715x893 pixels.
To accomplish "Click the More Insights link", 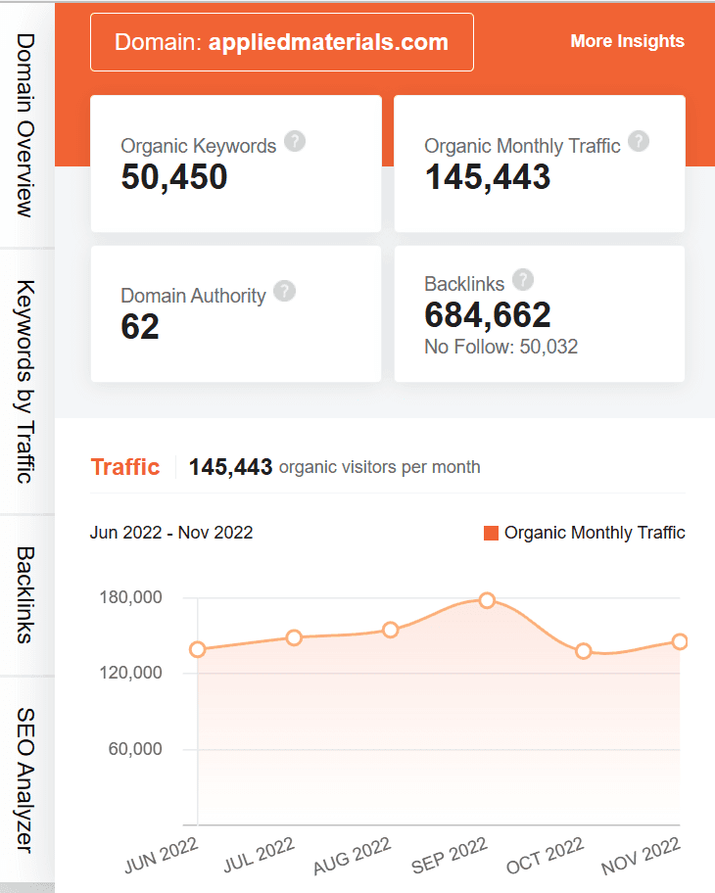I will (627, 41).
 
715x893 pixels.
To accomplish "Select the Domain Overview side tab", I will (26, 125).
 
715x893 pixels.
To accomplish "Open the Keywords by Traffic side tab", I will (26, 382).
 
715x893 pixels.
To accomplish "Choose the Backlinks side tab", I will (26, 594).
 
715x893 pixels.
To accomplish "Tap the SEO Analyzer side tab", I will (26, 779).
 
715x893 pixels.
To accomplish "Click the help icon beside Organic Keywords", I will (295, 142).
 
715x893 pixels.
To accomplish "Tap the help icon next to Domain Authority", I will (284, 292).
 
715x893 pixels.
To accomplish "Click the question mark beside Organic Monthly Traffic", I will (639, 142).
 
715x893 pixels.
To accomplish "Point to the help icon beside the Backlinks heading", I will (523, 280).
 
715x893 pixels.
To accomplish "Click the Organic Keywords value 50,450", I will (174, 177).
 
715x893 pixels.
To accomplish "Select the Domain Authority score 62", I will (140, 327).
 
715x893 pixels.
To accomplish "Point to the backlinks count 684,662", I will (488, 314).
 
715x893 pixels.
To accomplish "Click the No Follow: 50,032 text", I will (500, 347).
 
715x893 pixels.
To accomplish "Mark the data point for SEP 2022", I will (487, 600).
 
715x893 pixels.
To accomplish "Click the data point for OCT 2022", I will (584, 651).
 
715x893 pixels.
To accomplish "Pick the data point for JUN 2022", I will (198, 649).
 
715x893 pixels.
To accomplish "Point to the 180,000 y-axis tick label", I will (130, 597).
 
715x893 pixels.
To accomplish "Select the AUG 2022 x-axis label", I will (353, 855).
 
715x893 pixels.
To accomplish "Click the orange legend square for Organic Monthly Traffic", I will (491, 533).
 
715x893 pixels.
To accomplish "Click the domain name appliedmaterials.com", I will (328, 42).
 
